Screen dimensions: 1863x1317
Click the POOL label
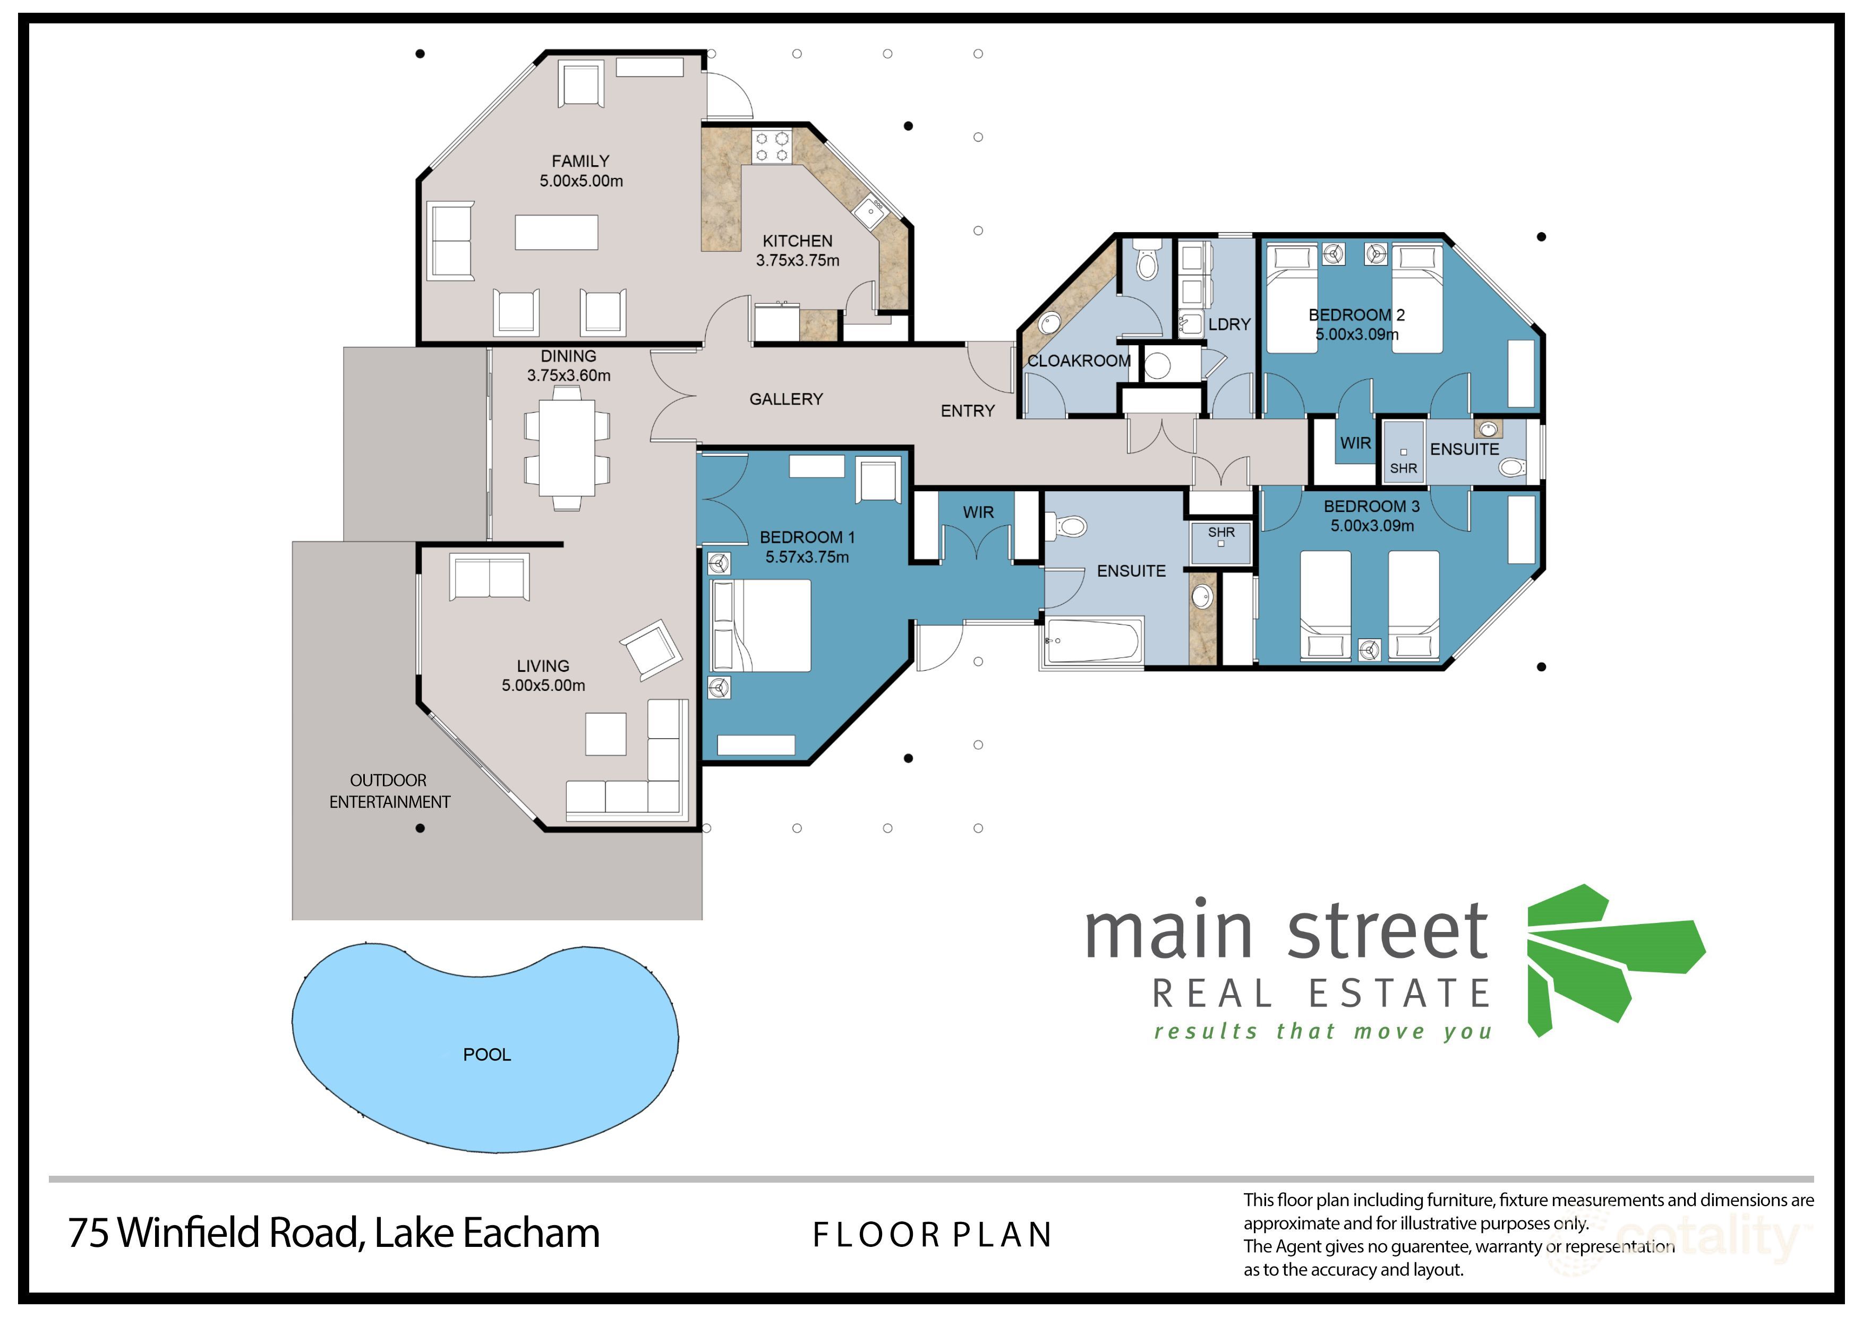click(x=487, y=1054)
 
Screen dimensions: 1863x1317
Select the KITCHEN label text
click(x=798, y=241)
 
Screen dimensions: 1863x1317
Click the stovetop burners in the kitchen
click(x=772, y=147)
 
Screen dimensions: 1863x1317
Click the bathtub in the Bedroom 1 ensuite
click(x=1094, y=641)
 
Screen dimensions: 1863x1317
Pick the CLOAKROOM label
click(x=1079, y=361)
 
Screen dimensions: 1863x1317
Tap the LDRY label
click(x=1229, y=324)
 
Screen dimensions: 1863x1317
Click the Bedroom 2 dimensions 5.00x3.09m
click(x=1357, y=335)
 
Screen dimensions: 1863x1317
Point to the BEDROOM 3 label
click(x=1371, y=506)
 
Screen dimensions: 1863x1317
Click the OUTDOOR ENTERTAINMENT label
click(x=389, y=791)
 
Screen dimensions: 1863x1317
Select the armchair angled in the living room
click(x=651, y=650)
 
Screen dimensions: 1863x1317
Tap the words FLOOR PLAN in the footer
click(x=933, y=1235)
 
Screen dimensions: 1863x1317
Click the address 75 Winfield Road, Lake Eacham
click(x=334, y=1233)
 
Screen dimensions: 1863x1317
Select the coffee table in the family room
click(x=557, y=232)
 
